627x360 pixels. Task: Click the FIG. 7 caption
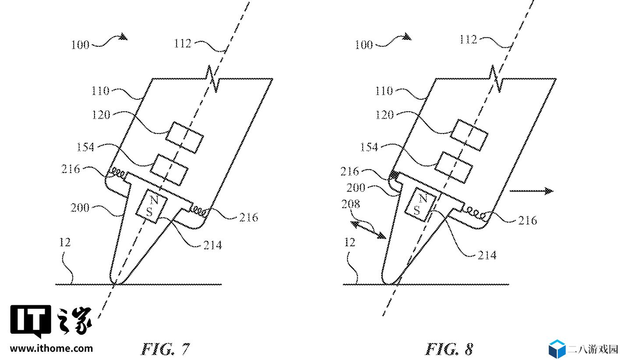click(165, 349)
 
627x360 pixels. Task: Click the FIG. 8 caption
click(449, 349)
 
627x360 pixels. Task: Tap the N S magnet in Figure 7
click(151, 206)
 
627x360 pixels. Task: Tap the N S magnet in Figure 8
click(420, 205)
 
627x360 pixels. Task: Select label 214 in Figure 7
click(212, 245)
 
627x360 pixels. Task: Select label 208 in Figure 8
click(350, 204)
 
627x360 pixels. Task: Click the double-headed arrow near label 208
click(368, 230)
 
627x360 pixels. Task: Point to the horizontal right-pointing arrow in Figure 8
click(532, 191)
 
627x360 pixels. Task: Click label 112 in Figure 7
click(183, 43)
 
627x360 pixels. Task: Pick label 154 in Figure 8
click(369, 147)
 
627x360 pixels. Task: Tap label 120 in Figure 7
click(101, 115)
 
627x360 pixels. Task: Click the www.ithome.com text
click(52, 349)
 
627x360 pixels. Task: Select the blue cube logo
click(557, 349)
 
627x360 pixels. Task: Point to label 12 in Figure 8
click(349, 242)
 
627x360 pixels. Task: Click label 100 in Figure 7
click(80, 45)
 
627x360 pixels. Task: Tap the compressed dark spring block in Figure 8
click(394, 175)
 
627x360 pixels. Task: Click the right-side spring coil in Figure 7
click(199, 211)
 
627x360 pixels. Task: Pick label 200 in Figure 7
click(80, 208)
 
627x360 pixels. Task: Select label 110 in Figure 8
click(384, 91)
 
